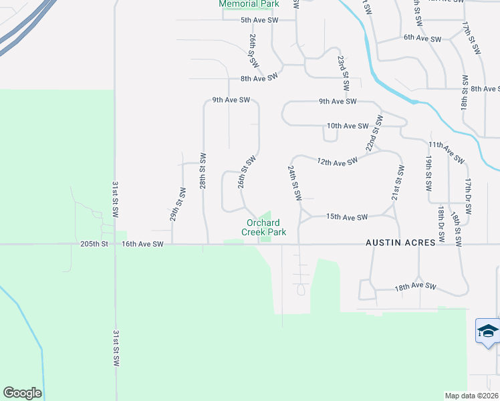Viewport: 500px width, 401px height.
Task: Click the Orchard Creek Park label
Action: pyautogui.click(x=264, y=227)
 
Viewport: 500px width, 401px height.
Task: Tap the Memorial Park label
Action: pyautogui.click(x=249, y=4)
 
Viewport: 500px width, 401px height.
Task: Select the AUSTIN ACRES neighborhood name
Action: pyautogui.click(x=400, y=244)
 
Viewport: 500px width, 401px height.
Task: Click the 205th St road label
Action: pyautogui.click(x=94, y=245)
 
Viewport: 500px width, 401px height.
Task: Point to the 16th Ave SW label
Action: pyautogui.click(x=142, y=245)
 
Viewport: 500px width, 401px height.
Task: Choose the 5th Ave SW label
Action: pyautogui.click(x=259, y=21)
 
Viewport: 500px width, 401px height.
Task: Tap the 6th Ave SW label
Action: pyautogui.click(x=422, y=39)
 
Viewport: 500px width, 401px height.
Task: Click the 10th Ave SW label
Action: pyautogui.click(x=348, y=126)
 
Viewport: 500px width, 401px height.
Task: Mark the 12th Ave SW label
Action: pyautogui.click(x=338, y=161)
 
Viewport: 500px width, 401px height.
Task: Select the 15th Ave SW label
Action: pyautogui.click(x=347, y=217)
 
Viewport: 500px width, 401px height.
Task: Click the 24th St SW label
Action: pyautogui.click(x=295, y=183)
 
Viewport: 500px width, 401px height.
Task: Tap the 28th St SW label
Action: pyautogui.click(x=203, y=168)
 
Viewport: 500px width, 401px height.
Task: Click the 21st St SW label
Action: pyautogui.click(x=398, y=184)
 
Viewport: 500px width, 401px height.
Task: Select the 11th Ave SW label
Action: pyautogui.click(x=446, y=152)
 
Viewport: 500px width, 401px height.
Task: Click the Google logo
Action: pyautogui.click(x=22, y=393)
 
